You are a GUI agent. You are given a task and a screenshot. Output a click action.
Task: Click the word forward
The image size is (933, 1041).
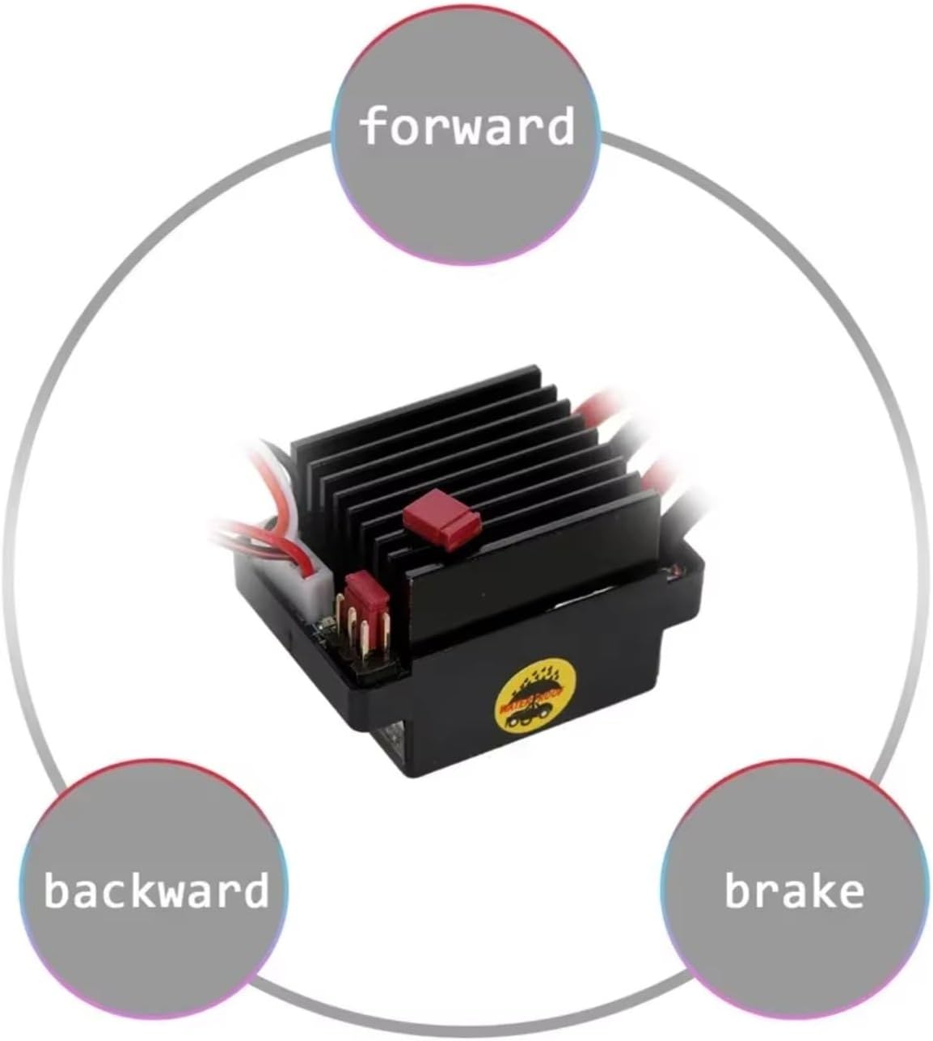466,127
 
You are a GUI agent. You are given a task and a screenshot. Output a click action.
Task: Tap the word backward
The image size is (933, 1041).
156,890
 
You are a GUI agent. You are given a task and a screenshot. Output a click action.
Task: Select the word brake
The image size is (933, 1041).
794,890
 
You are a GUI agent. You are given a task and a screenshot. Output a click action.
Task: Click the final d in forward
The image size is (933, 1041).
559,126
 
